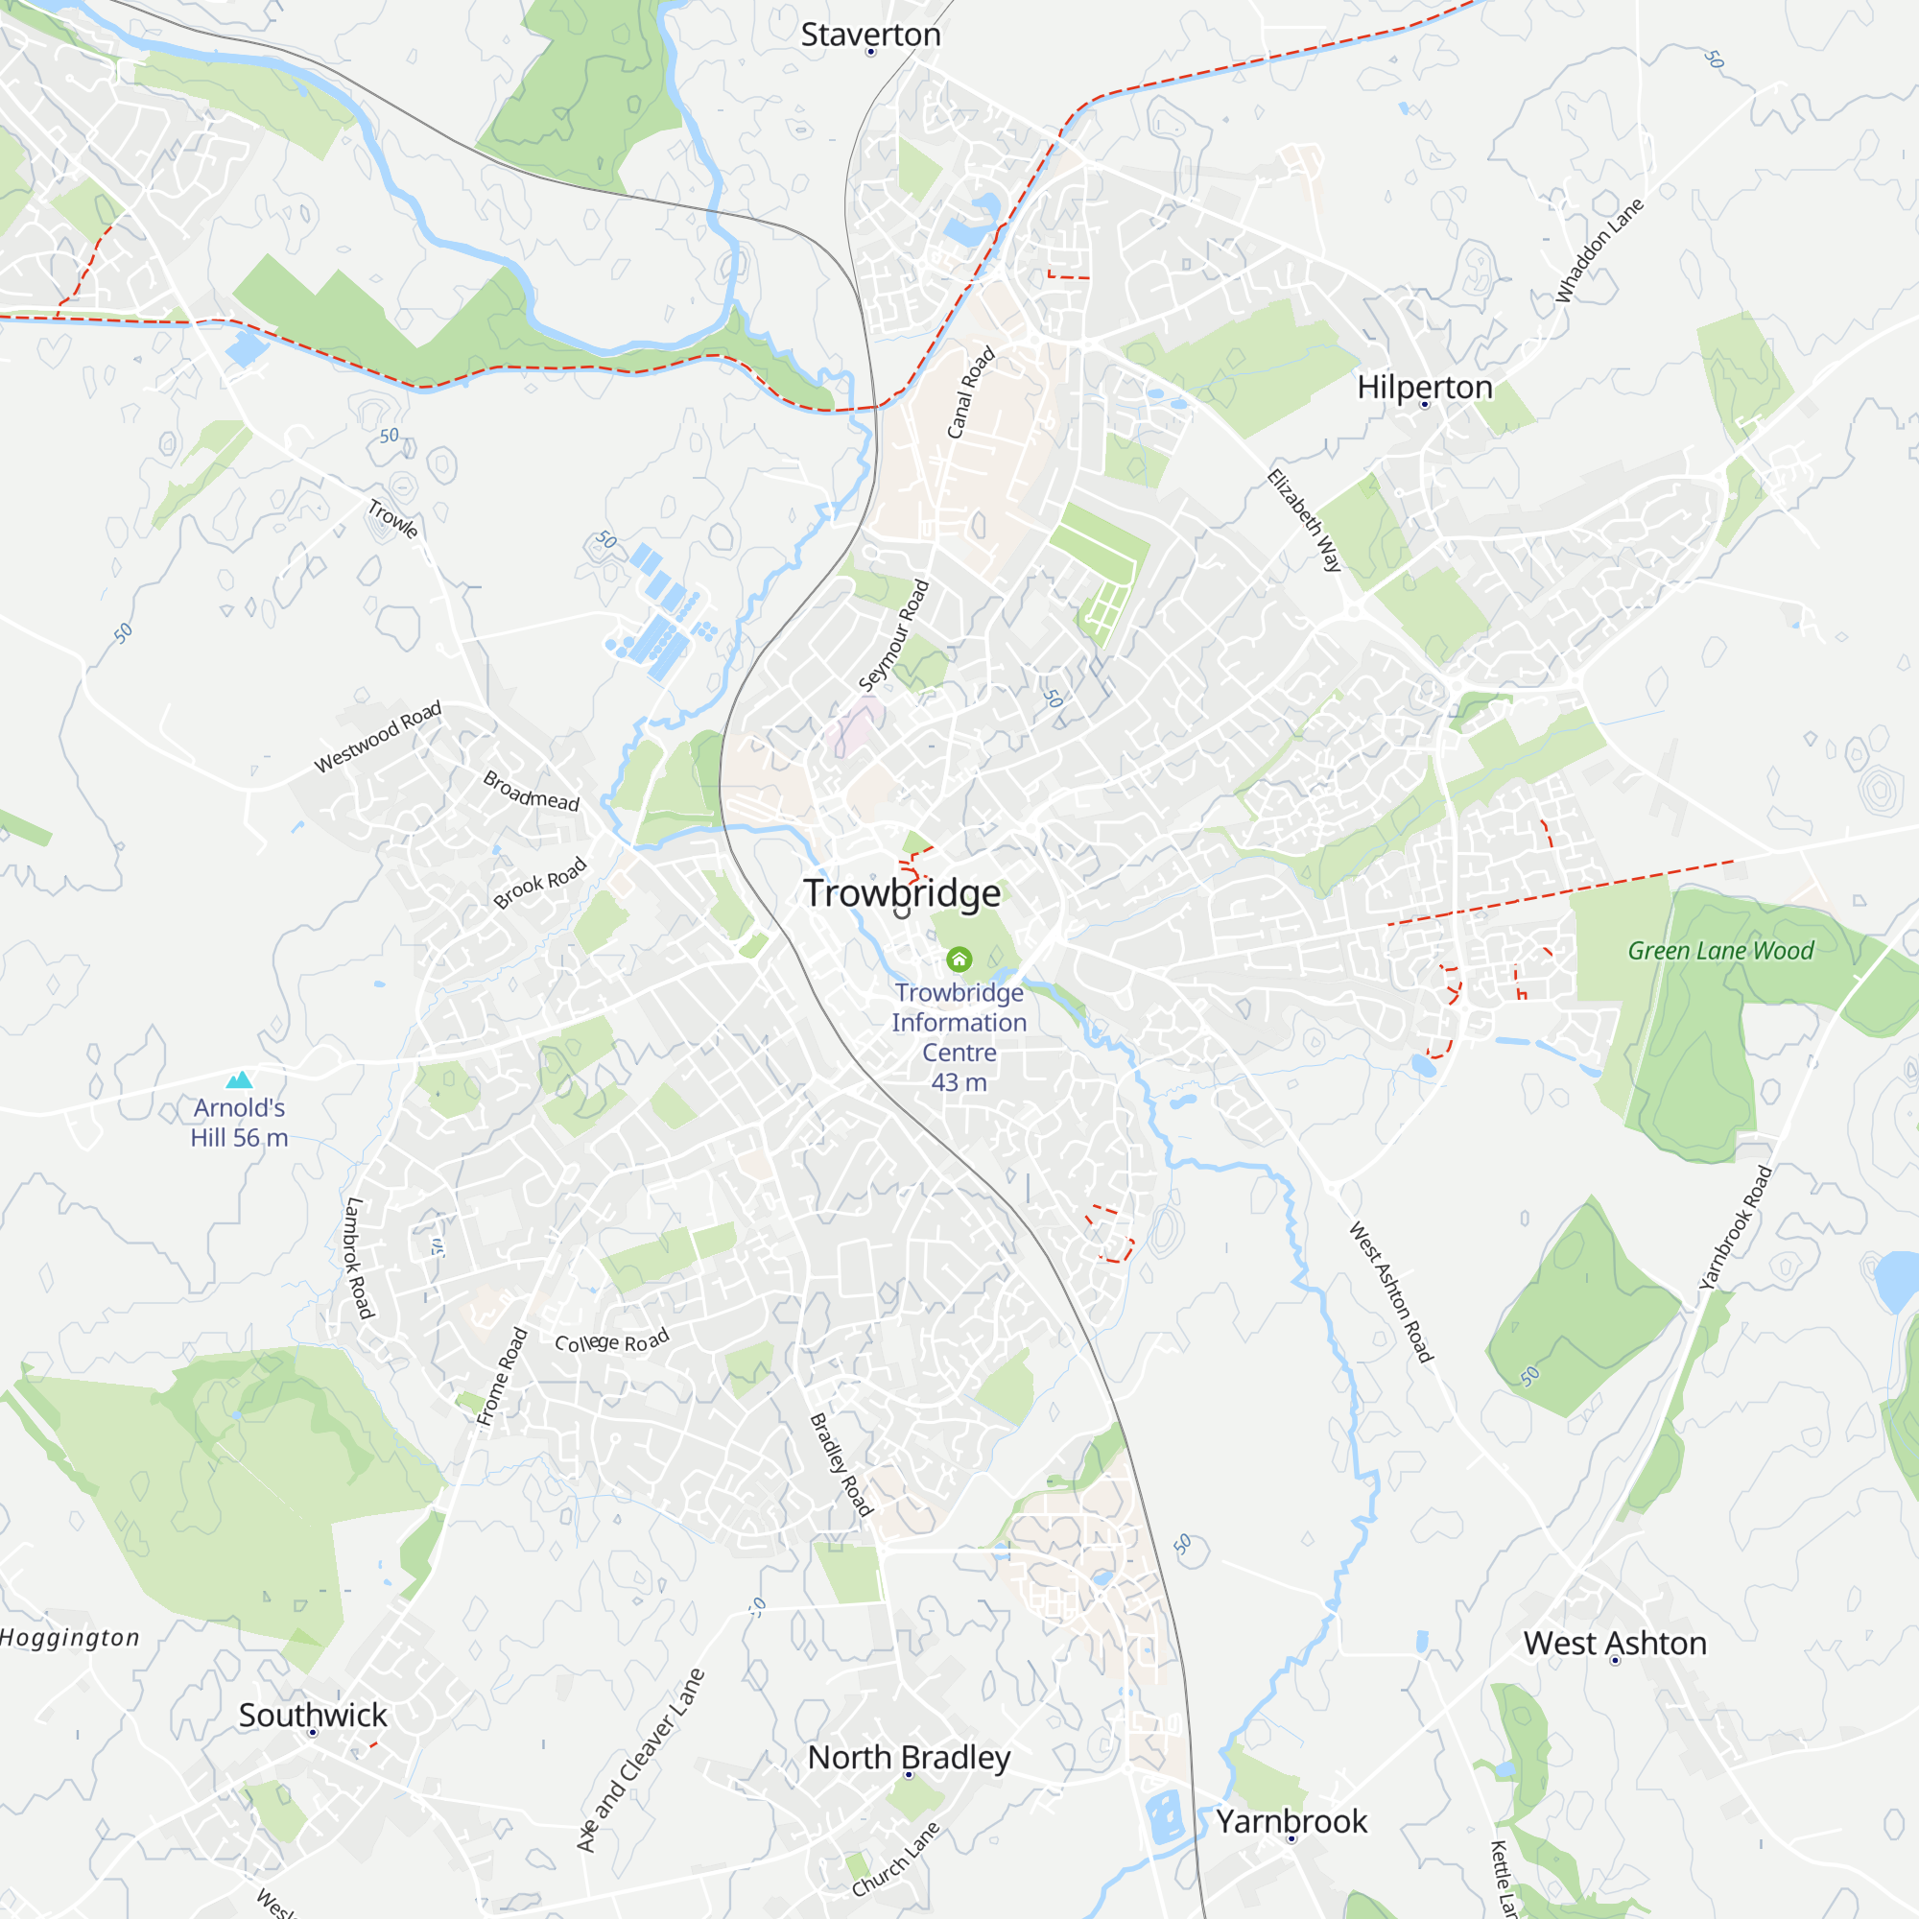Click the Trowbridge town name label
click(902, 893)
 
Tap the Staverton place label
click(870, 35)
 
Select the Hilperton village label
click(1424, 387)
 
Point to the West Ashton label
click(1615, 1643)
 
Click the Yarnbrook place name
click(1291, 1821)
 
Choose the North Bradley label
click(909, 1757)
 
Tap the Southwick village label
click(313, 1715)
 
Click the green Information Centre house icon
click(959, 959)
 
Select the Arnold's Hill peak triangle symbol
click(239, 1079)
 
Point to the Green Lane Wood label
click(1720, 951)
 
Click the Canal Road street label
click(970, 392)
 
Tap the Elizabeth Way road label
click(1304, 520)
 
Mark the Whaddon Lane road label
click(1599, 250)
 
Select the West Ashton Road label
click(1390, 1291)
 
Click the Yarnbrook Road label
click(1735, 1228)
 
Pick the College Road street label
click(612, 1342)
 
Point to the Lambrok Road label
click(358, 1258)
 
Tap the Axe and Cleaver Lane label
click(641, 1759)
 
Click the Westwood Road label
click(377, 737)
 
